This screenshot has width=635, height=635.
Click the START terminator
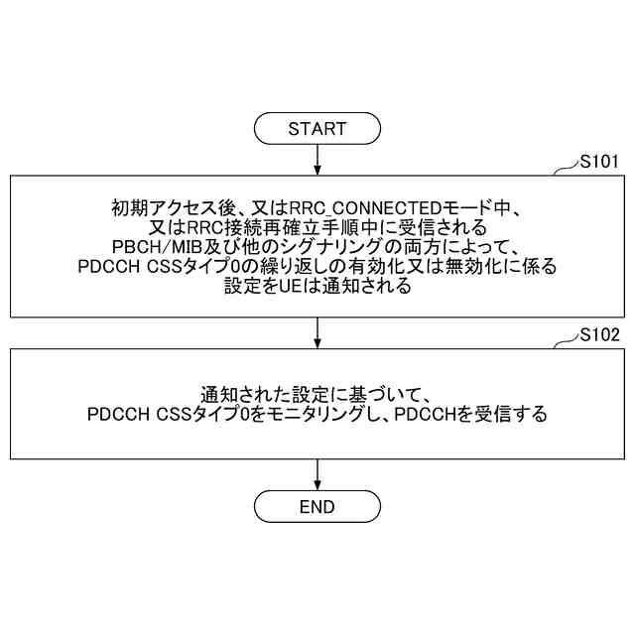[x=317, y=129]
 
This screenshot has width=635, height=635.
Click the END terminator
[x=317, y=507]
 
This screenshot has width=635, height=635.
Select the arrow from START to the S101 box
[x=317, y=159]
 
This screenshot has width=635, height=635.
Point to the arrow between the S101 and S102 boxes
[x=317, y=331]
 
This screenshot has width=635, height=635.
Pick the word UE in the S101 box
[x=302, y=288]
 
